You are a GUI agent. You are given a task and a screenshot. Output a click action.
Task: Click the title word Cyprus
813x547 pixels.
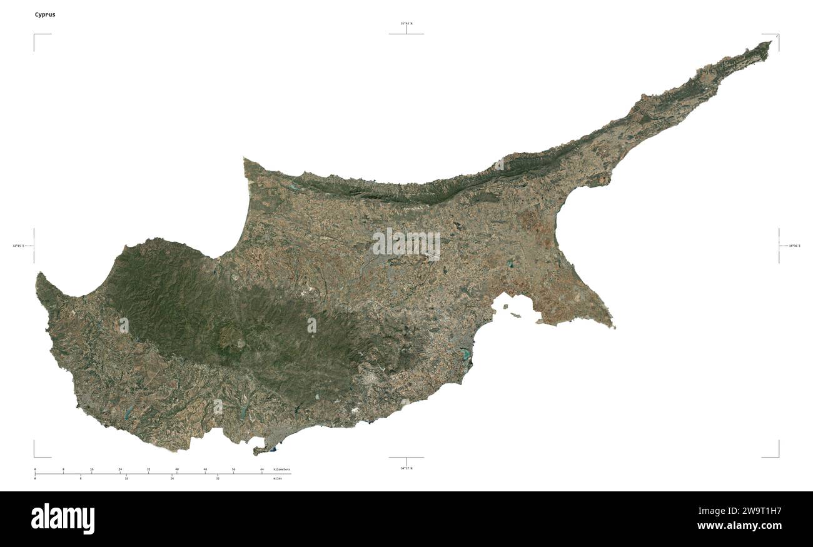(x=45, y=14)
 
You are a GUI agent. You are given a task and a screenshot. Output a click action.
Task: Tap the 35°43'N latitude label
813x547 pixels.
(x=406, y=24)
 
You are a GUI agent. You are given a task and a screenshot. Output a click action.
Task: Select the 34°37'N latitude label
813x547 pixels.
(x=406, y=468)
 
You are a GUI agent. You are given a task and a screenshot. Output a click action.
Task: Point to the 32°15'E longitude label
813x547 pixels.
(x=18, y=246)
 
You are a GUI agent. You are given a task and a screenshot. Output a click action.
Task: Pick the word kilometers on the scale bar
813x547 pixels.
(x=281, y=469)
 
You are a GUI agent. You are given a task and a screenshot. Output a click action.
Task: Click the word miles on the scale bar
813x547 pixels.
(x=278, y=478)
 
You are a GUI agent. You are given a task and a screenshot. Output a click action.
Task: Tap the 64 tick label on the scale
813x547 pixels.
(x=262, y=469)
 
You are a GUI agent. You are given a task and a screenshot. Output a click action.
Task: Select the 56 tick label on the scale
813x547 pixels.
(x=233, y=469)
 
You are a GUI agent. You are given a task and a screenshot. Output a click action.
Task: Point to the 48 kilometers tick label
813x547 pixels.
(x=205, y=469)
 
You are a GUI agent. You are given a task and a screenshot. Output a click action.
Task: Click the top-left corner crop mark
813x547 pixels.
(x=35, y=35)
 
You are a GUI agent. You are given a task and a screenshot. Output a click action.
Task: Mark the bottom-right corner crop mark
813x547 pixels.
(x=777, y=456)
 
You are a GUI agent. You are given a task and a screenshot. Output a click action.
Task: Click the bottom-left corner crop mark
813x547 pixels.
(x=35, y=456)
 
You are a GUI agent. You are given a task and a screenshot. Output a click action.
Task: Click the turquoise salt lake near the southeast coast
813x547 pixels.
(x=465, y=356)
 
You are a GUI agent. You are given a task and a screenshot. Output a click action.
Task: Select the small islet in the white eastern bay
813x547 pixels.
(x=516, y=314)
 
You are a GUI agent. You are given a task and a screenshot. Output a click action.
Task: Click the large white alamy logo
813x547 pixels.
(x=63, y=519)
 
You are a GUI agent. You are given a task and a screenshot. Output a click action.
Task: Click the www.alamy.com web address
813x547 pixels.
(x=739, y=526)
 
